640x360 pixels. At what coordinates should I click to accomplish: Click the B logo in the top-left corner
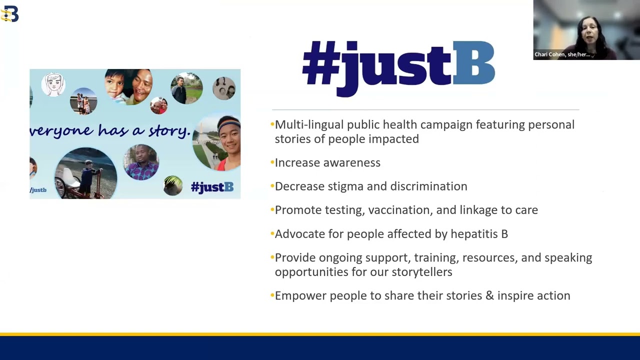9,13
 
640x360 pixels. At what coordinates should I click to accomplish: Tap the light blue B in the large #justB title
473,63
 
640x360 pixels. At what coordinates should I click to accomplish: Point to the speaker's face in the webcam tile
588,32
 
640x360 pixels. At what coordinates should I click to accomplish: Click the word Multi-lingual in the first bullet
309,125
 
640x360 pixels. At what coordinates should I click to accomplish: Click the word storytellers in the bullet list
422,271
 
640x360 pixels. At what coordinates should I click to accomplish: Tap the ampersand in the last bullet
489,295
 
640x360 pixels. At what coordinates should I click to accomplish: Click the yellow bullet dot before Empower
272,295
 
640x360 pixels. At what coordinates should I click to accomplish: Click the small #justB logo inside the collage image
212,187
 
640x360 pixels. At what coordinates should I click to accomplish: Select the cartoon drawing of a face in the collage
53,84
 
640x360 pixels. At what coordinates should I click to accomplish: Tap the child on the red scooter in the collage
89,180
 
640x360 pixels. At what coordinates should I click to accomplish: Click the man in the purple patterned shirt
141,162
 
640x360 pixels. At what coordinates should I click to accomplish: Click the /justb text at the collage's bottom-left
38,190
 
